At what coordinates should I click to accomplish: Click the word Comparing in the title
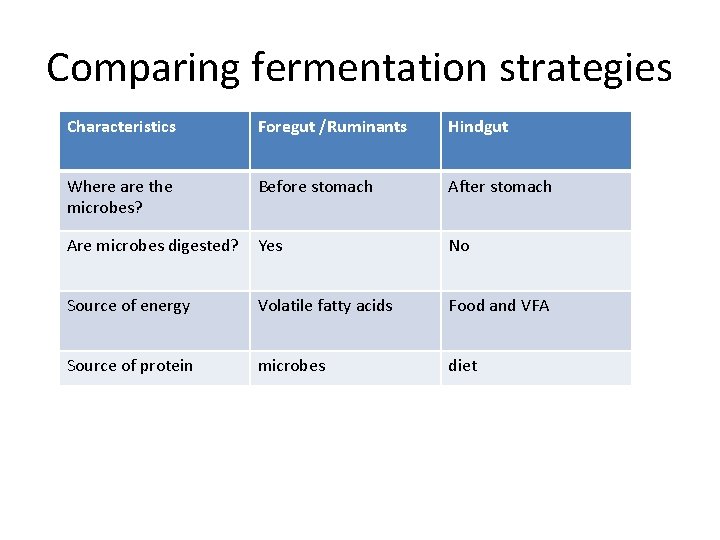pyautogui.click(x=144, y=68)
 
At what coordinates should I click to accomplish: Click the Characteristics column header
pyautogui.click(x=121, y=127)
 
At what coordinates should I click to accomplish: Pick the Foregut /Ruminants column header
pyautogui.click(x=332, y=127)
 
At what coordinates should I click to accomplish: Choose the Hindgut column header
pyautogui.click(x=478, y=127)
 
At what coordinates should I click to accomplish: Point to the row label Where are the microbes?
pyautogui.click(x=120, y=195)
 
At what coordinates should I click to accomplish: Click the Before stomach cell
pyautogui.click(x=315, y=187)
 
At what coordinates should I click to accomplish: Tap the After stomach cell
pyautogui.click(x=500, y=187)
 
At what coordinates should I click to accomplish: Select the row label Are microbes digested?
pyautogui.click(x=152, y=246)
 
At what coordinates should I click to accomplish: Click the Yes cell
pyautogui.click(x=270, y=246)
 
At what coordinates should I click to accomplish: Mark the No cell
pyautogui.click(x=459, y=246)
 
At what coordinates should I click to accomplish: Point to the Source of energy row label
pyautogui.click(x=128, y=306)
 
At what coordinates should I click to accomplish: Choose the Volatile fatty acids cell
pyautogui.click(x=325, y=306)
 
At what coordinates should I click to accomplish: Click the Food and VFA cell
pyautogui.click(x=499, y=306)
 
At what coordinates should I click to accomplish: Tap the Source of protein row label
pyautogui.click(x=130, y=366)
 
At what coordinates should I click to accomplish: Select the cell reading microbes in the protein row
pyautogui.click(x=292, y=366)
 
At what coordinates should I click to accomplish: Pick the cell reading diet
pyautogui.click(x=463, y=366)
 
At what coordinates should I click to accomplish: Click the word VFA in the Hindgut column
pyautogui.click(x=535, y=306)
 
